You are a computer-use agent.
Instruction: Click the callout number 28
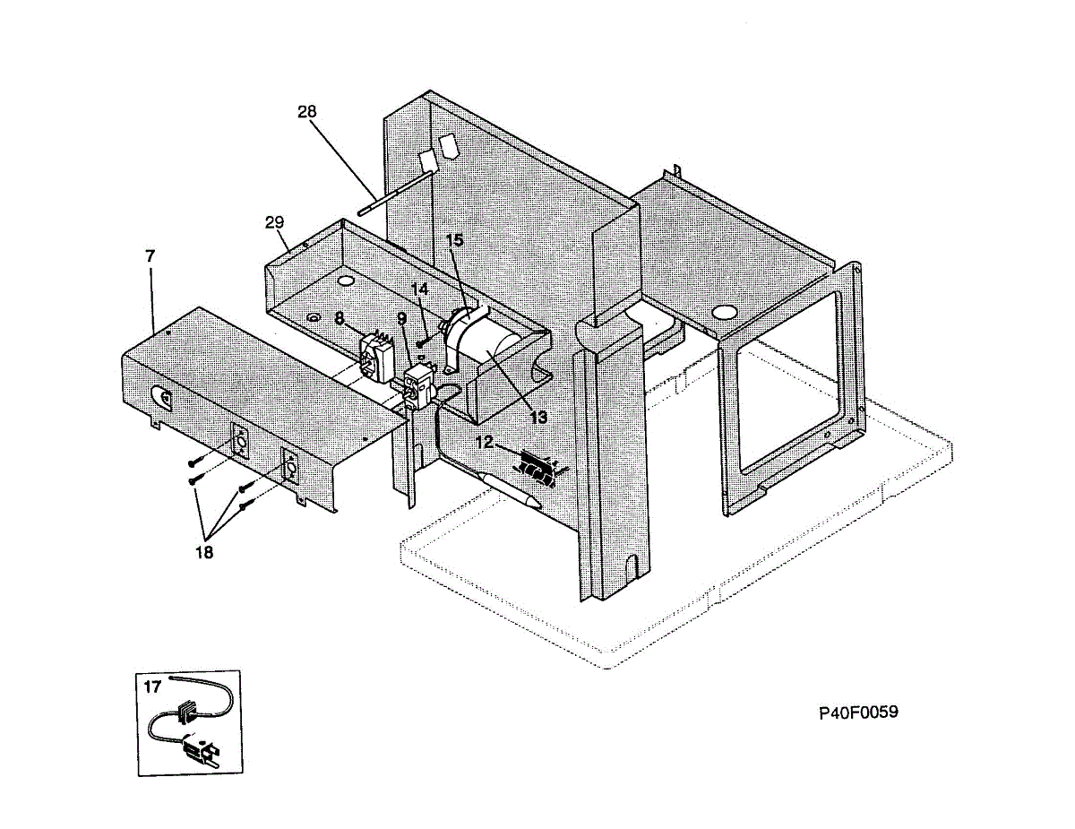307,111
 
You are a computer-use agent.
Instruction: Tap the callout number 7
150,255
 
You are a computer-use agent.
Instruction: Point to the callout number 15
455,240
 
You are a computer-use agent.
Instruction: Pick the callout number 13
537,417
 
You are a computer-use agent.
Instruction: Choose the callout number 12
485,441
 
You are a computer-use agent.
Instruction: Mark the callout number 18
204,552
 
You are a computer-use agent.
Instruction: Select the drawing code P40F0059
858,712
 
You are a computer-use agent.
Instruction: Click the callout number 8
340,317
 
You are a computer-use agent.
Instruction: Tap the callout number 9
401,318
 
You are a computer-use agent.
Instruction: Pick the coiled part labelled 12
535,465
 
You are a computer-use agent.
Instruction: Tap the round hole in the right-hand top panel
724,313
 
